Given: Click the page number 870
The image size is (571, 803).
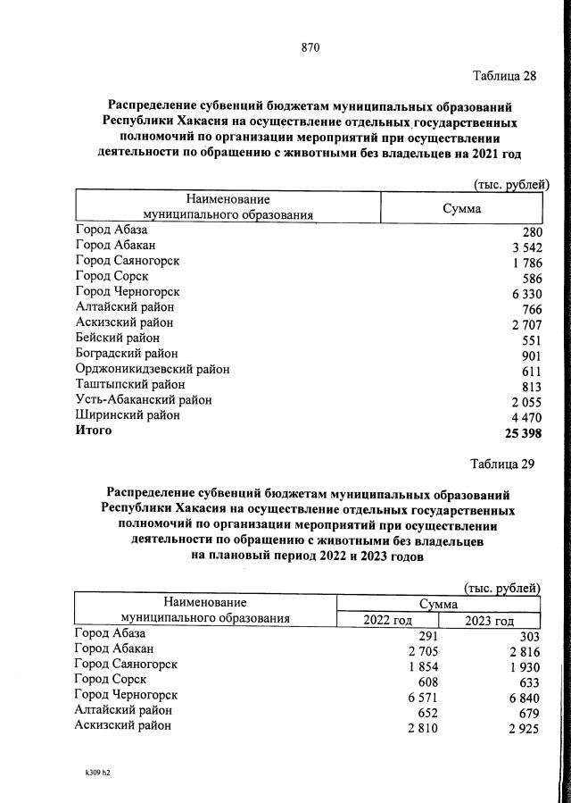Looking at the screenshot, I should click(310, 47).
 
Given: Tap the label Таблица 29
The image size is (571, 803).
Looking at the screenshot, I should click(503, 464).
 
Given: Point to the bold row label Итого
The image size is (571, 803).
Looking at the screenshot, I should click(94, 431).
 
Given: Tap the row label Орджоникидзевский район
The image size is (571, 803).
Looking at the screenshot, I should click(152, 369).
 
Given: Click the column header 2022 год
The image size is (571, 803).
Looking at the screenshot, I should click(386, 621).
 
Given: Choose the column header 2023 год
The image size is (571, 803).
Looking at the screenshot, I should click(490, 621).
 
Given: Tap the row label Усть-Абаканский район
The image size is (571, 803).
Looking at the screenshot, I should click(144, 400).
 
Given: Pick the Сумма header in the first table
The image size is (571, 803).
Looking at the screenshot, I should click(461, 208).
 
